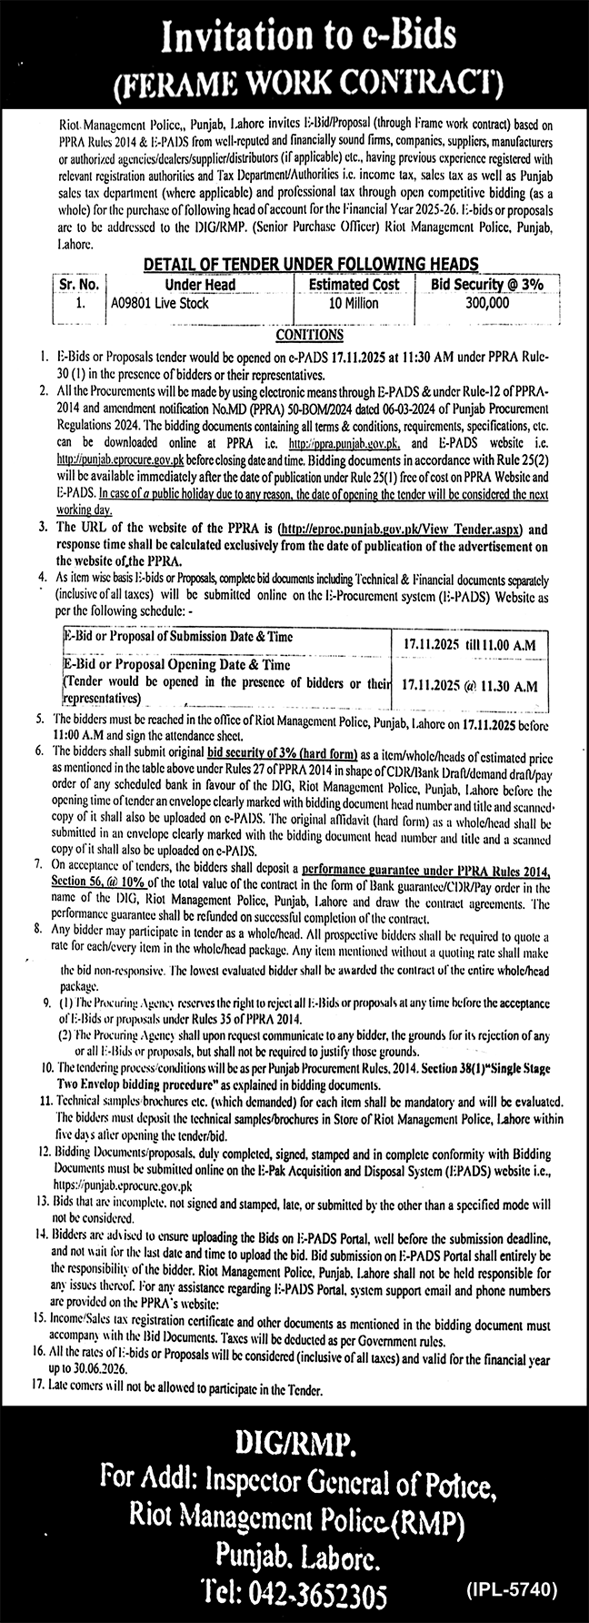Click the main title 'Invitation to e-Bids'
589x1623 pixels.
pyautogui.click(x=294, y=36)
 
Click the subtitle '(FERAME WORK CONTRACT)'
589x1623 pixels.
pyautogui.click(x=294, y=83)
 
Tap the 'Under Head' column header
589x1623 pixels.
pyautogui.click(x=200, y=284)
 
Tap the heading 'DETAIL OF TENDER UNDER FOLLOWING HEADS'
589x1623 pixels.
pyautogui.click(x=298, y=264)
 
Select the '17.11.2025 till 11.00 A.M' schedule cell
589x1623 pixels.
pyautogui.click(x=470, y=645)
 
